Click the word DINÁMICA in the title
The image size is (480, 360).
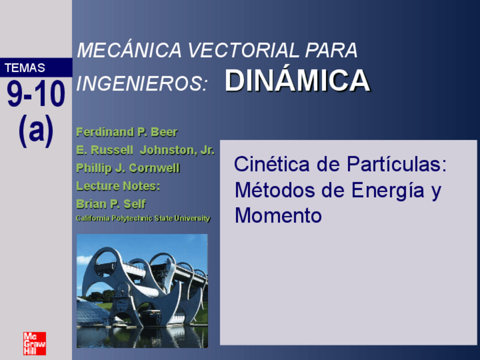(x=297, y=82)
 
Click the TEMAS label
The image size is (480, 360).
(x=25, y=68)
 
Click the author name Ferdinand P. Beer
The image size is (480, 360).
(x=127, y=132)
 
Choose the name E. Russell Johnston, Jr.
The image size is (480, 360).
(x=145, y=151)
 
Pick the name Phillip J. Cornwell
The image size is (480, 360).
(x=128, y=168)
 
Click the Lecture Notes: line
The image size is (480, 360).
(x=118, y=186)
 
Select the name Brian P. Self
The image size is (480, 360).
(x=111, y=204)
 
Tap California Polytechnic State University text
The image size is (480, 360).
(x=143, y=218)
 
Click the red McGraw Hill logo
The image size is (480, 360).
(x=34, y=343)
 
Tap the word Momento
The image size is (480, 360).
(x=278, y=216)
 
